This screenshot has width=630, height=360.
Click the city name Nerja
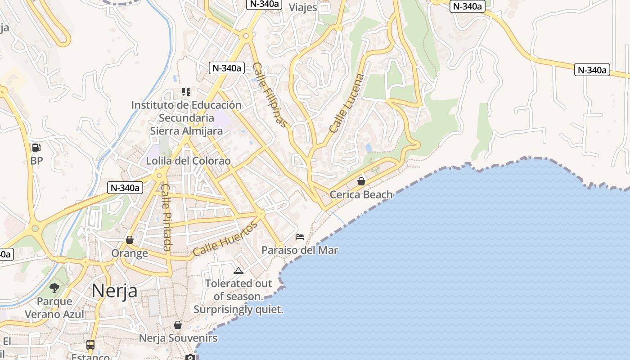[x=114, y=291]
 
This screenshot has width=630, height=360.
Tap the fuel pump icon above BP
[x=36, y=147]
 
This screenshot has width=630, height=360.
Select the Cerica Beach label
[x=361, y=195]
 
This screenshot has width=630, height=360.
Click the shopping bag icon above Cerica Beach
[x=361, y=181]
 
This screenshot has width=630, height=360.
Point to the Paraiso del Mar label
[x=300, y=250]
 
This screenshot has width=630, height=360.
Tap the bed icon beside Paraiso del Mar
[x=300, y=237]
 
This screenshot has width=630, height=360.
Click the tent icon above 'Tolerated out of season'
[x=238, y=270]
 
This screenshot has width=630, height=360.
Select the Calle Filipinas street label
[x=270, y=94]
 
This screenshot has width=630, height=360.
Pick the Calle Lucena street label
[x=346, y=103]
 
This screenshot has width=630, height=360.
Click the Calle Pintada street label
[x=166, y=217]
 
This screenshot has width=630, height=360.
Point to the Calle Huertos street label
[x=225, y=238]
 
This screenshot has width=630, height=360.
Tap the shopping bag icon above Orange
[x=130, y=240]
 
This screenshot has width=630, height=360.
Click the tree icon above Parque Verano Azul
[x=54, y=288]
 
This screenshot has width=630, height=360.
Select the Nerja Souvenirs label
[x=178, y=338]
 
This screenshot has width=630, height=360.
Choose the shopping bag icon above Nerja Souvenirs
[x=178, y=325]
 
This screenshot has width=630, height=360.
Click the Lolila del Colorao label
[x=188, y=161]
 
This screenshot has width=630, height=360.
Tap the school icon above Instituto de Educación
[x=186, y=92]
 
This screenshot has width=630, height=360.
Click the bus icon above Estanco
[x=90, y=345]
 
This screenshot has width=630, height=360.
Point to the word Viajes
[x=303, y=8]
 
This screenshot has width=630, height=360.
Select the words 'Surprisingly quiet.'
[x=238, y=310]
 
